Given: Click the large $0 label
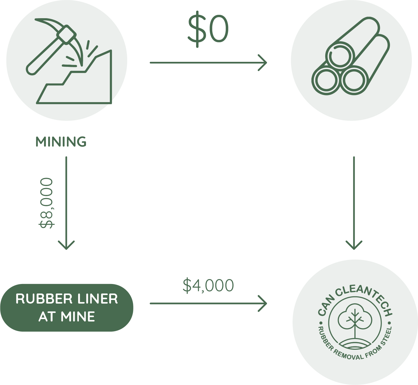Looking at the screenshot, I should pos(208,30).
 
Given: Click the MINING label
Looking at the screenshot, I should pos(61,142).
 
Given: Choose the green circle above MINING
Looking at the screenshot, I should pos(67,60).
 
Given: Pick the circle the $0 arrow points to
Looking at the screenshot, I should pos(351,60).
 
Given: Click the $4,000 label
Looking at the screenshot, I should pos(208,285).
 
